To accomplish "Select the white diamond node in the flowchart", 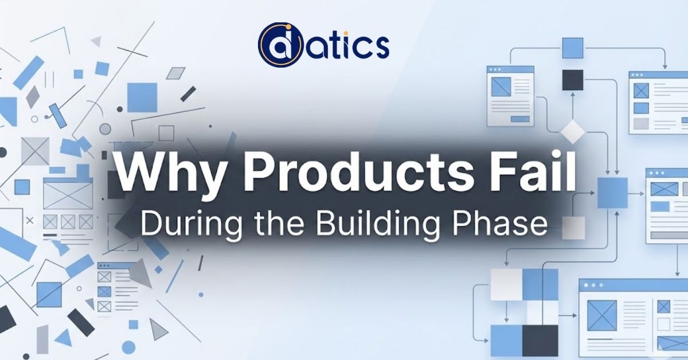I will (572, 132).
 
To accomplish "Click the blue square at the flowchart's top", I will (572, 48).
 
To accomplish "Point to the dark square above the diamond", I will (572, 80).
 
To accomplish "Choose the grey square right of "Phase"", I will (573, 228).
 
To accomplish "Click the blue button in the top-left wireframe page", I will (520, 119).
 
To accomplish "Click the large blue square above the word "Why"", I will (142, 97).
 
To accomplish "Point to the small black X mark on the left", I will (30, 220).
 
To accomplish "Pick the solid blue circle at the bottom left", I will (129, 347).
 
